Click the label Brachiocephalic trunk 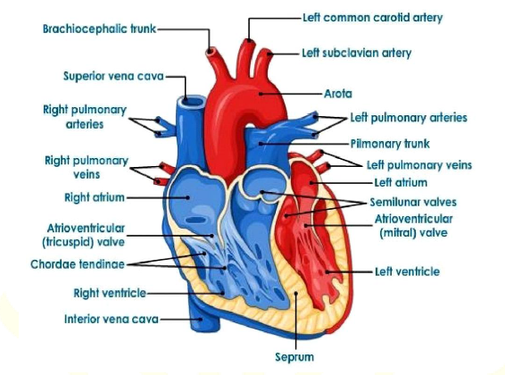tap(100, 29)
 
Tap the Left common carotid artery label tap(373, 17)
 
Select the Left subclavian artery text tap(357, 53)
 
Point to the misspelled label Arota tap(338, 94)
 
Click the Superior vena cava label tap(113, 77)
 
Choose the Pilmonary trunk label tap(390, 144)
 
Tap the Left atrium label tap(401, 183)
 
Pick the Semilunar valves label tap(413, 202)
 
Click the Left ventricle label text tap(408, 271)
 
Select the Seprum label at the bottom tap(294, 357)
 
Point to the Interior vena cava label tap(112, 319)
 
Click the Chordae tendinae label tap(78, 264)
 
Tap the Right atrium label tap(95, 197)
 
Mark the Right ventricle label tap(110, 293)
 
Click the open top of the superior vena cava tap(192, 101)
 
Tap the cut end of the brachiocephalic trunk tap(211, 51)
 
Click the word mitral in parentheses tap(397, 233)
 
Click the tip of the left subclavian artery tap(267, 52)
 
